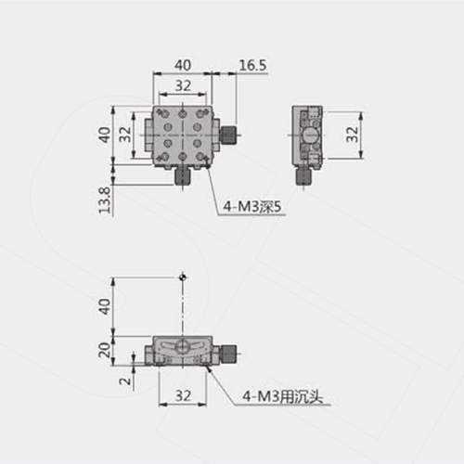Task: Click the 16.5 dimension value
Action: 252,65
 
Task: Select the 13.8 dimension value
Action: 105,200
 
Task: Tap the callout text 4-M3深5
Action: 252,207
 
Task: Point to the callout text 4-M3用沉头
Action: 282,396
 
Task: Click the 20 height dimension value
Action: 105,350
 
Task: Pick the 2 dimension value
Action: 126,380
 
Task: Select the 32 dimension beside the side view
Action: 352,135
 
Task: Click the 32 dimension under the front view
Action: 183,395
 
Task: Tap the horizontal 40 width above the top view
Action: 183,65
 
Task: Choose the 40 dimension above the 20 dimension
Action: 105,306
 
